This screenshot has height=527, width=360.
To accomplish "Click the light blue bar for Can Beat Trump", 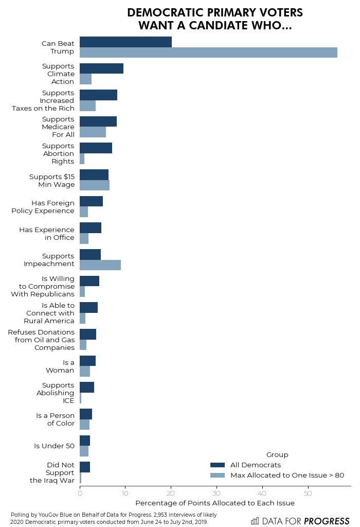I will click(x=208, y=52).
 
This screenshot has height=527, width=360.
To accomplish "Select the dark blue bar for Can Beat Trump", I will click(x=125, y=42).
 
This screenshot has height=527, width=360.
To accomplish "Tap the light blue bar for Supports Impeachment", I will click(x=100, y=265).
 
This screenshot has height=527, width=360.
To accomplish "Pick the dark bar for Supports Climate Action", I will click(x=101, y=68).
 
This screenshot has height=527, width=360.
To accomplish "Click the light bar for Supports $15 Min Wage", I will click(x=95, y=185).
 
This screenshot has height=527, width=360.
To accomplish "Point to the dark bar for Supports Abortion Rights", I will click(x=96, y=148).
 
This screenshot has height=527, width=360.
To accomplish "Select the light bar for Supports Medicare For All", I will click(x=93, y=132).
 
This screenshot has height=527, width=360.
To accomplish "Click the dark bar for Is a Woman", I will click(x=87, y=361).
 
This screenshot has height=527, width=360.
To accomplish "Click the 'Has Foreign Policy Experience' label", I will click(x=43, y=207).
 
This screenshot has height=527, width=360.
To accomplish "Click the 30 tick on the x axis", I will click(x=217, y=494).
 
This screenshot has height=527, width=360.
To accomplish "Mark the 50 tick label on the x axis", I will click(x=308, y=494).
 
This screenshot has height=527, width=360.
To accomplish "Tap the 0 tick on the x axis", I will click(x=80, y=494).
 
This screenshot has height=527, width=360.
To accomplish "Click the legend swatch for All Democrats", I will click(x=218, y=465).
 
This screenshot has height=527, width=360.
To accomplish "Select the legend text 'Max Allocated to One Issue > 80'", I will click(x=287, y=476).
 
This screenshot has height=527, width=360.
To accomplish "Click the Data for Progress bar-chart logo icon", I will click(x=255, y=521).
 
